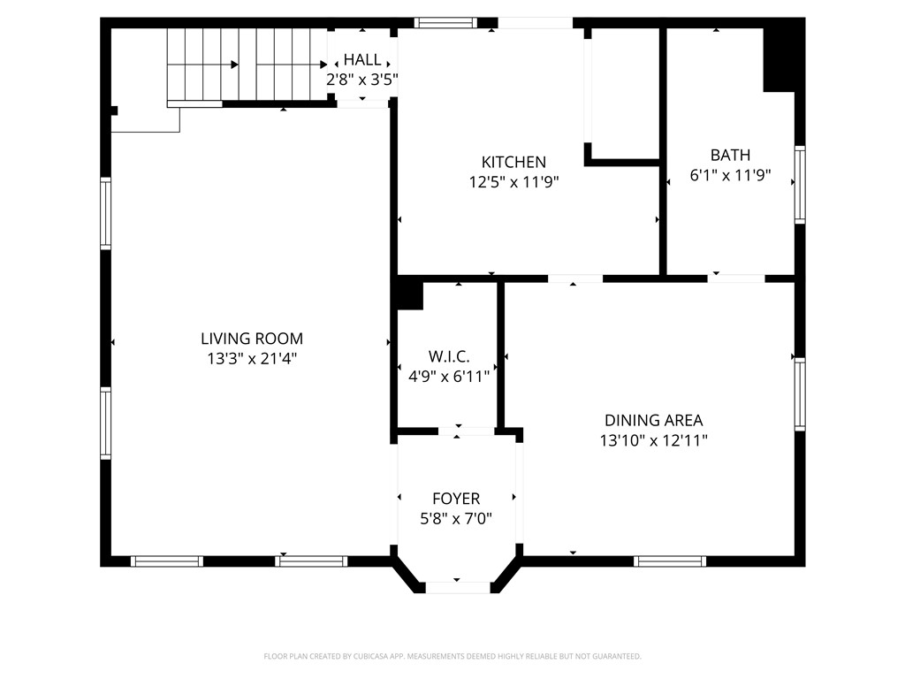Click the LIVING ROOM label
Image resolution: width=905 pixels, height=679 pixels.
click(x=252, y=339)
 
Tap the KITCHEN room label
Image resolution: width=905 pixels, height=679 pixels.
click(x=513, y=162)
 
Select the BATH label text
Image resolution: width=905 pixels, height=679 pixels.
click(x=730, y=155)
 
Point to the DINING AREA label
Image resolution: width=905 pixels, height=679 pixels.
click(x=653, y=420)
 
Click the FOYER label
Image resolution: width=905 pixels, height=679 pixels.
click(x=456, y=499)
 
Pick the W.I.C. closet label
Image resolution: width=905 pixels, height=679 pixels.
click(x=448, y=356)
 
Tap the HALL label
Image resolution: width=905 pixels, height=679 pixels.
click(x=361, y=59)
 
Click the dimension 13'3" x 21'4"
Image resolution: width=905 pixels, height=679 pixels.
click(x=252, y=359)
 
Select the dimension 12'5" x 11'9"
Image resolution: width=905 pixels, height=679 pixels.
click(x=513, y=182)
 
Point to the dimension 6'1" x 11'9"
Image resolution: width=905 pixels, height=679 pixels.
click(x=730, y=175)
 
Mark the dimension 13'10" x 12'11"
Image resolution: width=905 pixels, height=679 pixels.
click(x=653, y=440)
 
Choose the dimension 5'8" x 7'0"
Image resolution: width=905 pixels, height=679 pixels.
click(x=456, y=518)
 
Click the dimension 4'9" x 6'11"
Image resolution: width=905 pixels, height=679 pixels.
click(x=448, y=377)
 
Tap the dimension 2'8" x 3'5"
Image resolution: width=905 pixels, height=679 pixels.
click(x=361, y=80)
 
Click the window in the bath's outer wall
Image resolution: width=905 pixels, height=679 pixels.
click(x=800, y=185)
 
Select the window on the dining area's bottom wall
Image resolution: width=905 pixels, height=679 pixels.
click(x=670, y=561)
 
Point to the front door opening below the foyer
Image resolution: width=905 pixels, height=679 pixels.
click(x=458, y=588)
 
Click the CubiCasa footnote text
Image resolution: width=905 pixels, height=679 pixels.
click(x=452, y=657)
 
